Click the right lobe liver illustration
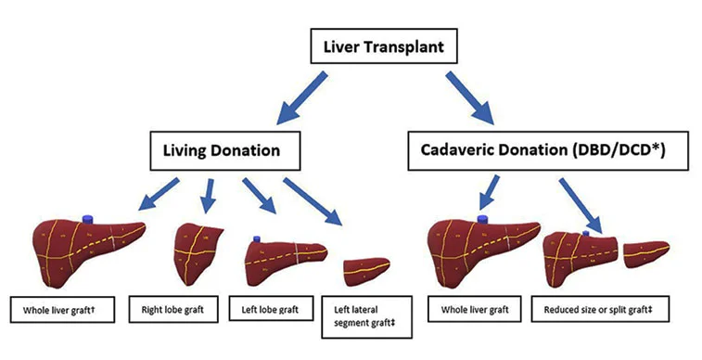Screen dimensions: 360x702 pos(198,250)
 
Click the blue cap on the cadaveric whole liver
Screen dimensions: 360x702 pos(482,218)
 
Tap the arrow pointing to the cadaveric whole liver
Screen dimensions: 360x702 pos(488,196)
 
